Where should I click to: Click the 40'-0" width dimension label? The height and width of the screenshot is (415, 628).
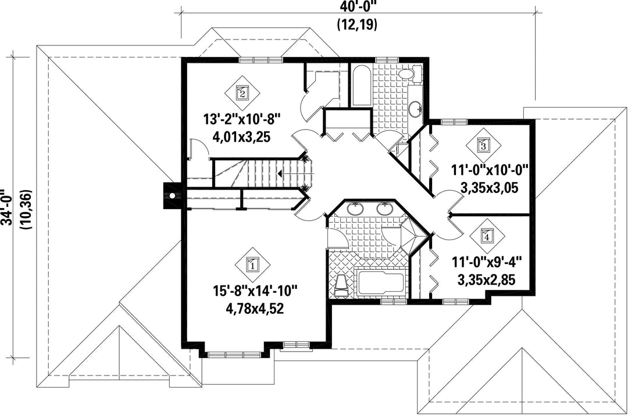tap(357, 7)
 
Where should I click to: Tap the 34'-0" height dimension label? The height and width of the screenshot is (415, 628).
tap(8, 208)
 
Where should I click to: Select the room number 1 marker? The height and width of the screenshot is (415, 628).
tap(252, 264)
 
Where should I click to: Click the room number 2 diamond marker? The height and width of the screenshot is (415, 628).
tap(242, 92)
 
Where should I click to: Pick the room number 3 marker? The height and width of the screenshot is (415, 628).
tap(483, 145)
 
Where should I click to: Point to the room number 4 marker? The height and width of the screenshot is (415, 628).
tap(487, 235)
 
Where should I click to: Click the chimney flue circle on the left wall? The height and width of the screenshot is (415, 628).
tap(172, 196)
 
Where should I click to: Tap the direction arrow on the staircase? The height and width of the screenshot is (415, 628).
tap(279, 173)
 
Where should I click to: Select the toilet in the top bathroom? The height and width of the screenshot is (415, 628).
tap(410, 74)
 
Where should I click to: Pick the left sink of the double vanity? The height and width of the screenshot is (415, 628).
tap(355, 209)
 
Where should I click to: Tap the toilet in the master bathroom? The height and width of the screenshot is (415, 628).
tap(341, 286)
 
